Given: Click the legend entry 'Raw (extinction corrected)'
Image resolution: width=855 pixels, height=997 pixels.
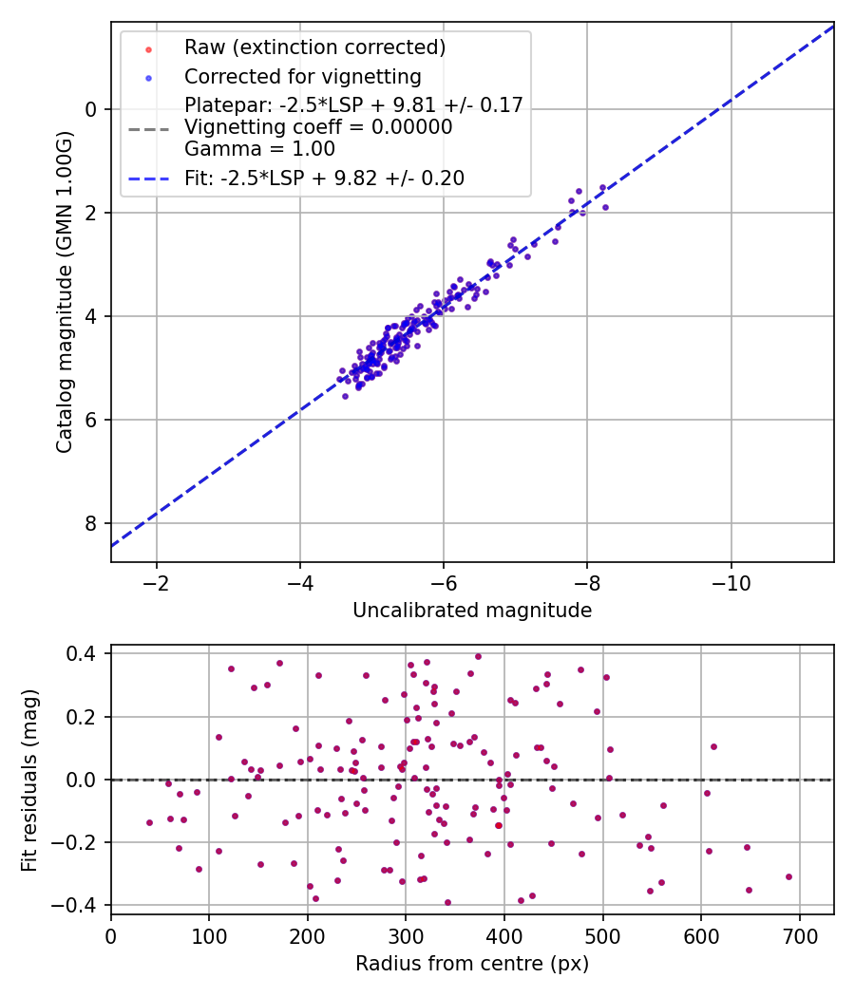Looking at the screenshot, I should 314,47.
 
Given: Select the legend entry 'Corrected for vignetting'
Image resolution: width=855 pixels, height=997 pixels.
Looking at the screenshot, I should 302,76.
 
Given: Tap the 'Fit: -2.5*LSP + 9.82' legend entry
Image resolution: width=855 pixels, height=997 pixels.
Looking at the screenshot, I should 325,178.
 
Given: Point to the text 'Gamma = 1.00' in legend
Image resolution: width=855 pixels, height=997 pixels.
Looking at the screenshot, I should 259,149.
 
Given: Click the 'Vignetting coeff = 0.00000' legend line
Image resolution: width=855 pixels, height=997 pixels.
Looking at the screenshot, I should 318,127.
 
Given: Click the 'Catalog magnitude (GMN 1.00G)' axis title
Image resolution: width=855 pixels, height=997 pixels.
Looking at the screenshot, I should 65,292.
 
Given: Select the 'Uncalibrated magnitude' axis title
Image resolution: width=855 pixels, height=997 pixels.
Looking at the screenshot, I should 472,611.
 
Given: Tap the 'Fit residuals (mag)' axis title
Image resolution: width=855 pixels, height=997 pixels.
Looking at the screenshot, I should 29,780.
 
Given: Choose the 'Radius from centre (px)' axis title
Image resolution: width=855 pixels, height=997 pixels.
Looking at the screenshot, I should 472,964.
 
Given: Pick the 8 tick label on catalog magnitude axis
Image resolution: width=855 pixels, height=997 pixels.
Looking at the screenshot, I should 91,523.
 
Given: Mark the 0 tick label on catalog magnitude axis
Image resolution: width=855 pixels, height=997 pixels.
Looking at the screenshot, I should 91,109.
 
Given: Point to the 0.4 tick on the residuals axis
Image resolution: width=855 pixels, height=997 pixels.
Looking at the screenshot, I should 85,653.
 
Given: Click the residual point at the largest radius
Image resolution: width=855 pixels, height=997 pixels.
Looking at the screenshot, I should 788,876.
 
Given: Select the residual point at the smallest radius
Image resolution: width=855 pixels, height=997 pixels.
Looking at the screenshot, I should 149,822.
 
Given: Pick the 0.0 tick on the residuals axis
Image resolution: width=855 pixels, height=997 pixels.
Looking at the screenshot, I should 85,780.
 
